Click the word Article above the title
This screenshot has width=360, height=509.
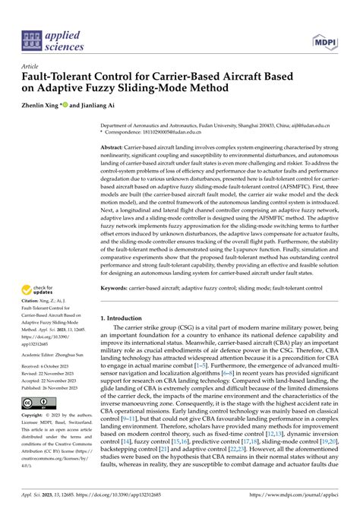(x=32, y=67)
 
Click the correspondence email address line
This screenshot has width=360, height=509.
(x=178, y=132)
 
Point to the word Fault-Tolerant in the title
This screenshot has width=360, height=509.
(x=71, y=77)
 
